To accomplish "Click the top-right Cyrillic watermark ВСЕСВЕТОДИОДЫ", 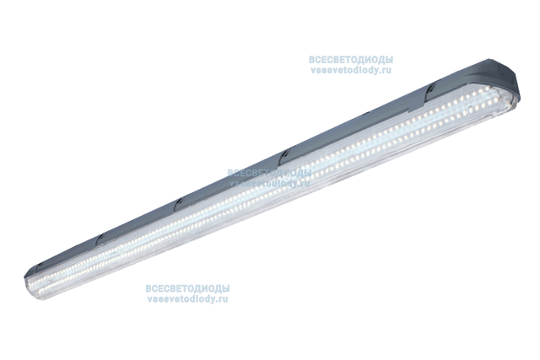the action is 351,60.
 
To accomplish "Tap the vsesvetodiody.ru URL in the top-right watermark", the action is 351,70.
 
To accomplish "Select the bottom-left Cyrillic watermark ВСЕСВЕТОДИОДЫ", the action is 187,288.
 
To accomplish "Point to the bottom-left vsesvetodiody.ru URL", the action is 187,298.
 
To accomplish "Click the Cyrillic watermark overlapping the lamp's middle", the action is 269,173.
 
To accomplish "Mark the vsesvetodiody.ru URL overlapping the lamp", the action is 269,183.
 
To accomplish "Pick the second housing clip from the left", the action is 101,240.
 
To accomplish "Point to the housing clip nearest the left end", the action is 39,266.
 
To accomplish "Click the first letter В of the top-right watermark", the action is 312,60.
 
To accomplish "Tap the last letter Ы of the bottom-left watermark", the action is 226,288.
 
